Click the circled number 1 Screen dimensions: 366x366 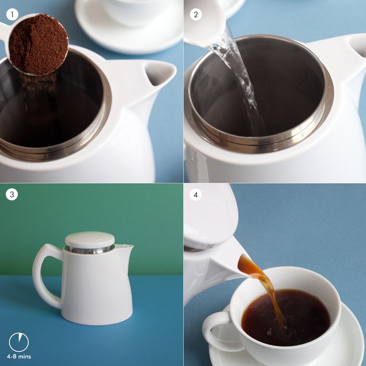coord(12,15)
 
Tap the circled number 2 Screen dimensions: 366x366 coord(196,15)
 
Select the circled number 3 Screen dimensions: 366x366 coord(12,194)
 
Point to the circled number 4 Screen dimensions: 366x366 coord(196,194)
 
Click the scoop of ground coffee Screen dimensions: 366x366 coord(38,45)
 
